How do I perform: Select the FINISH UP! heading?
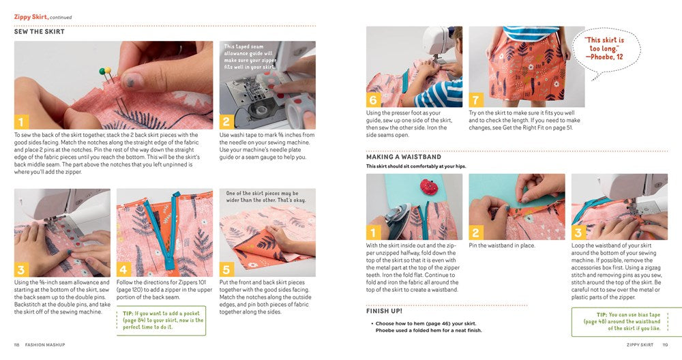click(384, 311)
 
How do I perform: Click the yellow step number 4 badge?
click(124, 269)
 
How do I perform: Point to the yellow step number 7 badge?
click(477, 100)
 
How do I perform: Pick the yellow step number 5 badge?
click(227, 269)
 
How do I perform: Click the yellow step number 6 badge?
click(374, 100)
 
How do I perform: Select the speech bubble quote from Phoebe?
click(604, 49)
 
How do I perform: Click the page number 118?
click(17, 344)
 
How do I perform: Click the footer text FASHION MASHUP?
click(45, 344)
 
